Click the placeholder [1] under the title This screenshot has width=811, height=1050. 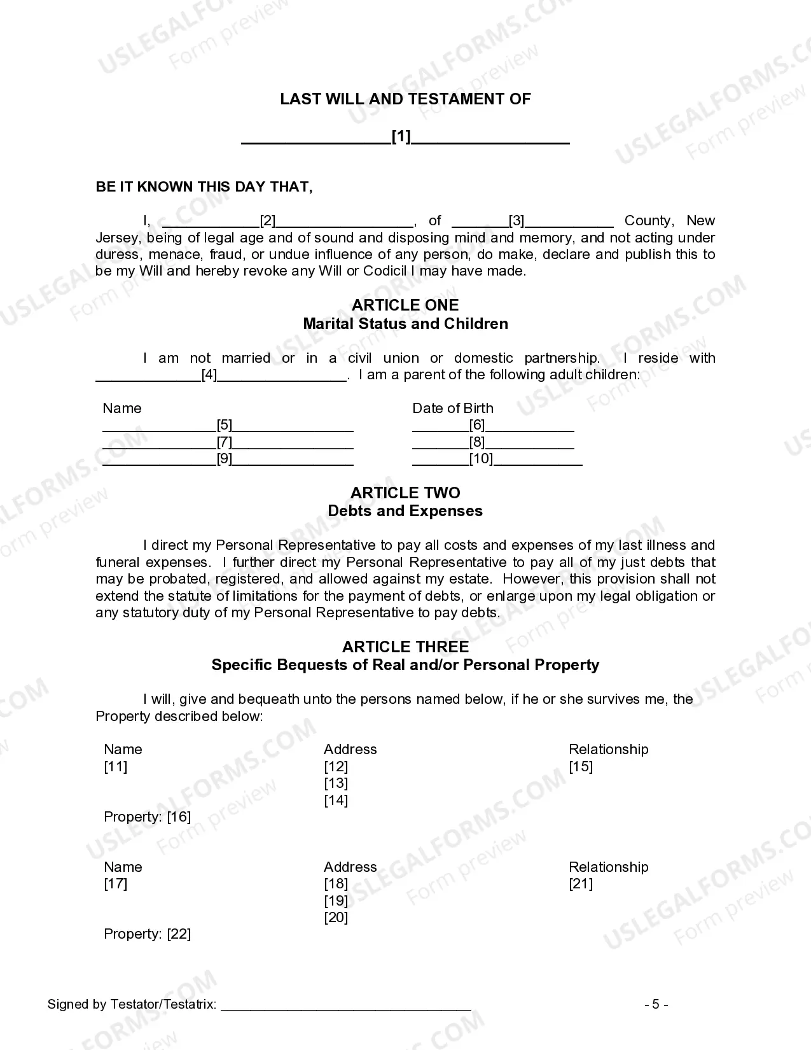[401, 137]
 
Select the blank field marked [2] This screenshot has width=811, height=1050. [268, 221]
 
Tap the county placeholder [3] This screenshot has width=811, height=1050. [516, 221]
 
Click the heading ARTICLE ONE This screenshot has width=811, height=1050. [405, 305]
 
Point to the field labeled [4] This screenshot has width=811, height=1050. [209, 375]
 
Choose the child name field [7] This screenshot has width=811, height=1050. [225, 442]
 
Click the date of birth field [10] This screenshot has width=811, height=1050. [481, 459]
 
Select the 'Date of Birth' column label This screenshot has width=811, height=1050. [452, 408]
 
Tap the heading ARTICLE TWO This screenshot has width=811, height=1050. [405, 493]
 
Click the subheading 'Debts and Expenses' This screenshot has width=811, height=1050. [405, 511]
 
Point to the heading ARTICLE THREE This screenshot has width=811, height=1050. [405, 647]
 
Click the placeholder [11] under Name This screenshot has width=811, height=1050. [116, 766]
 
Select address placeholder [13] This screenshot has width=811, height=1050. [336, 783]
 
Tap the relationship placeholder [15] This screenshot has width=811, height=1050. [581, 766]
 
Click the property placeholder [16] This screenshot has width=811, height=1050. [179, 816]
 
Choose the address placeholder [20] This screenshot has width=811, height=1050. [336, 917]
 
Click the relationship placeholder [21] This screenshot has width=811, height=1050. [581, 883]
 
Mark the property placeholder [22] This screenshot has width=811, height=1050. [179, 934]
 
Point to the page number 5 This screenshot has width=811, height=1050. [656, 1005]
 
